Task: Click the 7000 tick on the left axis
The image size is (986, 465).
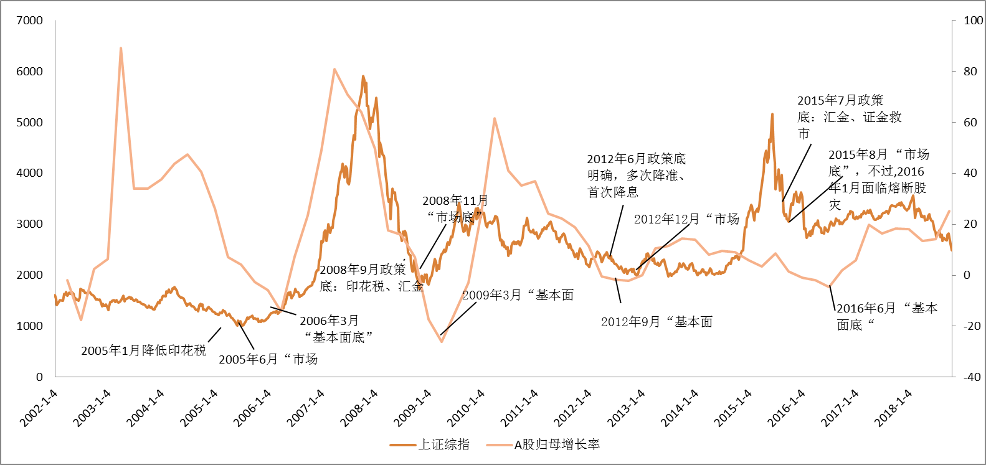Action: click(29, 21)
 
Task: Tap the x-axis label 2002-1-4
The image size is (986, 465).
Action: click(39, 408)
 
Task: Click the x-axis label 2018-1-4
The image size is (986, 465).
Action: click(893, 408)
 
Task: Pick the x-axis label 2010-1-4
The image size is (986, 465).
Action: click(466, 408)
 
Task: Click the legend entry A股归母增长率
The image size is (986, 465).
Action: click(557, 444)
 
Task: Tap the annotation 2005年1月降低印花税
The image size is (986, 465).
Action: click(143, 350)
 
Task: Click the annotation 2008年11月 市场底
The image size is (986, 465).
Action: click(455, 209)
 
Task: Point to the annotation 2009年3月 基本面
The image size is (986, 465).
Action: click(517, 295)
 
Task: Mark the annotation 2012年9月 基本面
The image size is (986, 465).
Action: click(657, 322)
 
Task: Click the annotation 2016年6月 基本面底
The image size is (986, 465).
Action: click(886, 316)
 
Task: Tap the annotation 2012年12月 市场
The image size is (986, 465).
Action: click(686, 219)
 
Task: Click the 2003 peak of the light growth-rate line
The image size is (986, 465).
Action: click(120, 48)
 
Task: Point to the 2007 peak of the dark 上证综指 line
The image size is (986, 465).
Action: click(363, 77)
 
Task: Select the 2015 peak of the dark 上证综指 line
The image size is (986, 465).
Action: click(772, 115)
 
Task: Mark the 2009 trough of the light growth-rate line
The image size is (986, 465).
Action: click(441, 341)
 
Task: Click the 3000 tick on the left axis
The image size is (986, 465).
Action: click(29, 224)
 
